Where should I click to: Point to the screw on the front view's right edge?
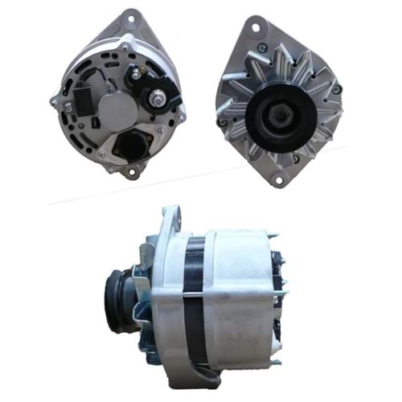(x=335, y=88)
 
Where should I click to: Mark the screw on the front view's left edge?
(x=223, y=122)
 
